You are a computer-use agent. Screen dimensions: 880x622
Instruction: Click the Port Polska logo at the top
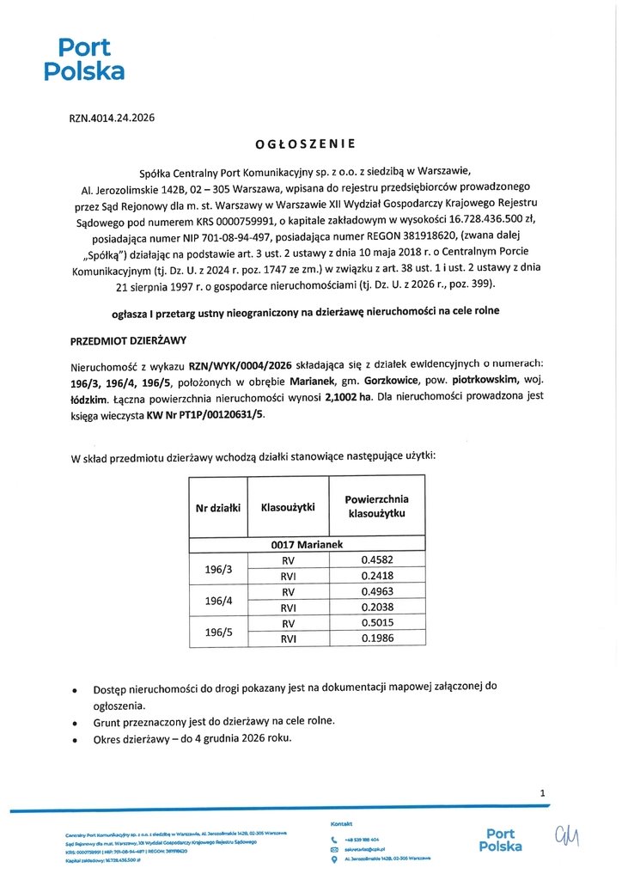(x=84, y=59)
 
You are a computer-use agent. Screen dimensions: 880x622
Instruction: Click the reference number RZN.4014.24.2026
(x=112, y=119)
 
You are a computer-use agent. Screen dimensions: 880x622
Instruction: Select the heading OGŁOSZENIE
(x=310, y=144)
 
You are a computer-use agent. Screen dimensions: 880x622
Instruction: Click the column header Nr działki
(x=217, y=508)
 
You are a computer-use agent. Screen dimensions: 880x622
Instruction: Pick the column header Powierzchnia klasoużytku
(x=375, y=506)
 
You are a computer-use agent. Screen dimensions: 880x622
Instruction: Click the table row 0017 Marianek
(x=307, y=545)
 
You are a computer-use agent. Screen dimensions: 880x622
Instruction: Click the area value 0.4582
(x=376, y=560)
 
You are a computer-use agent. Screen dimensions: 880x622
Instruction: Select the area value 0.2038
(x=376, y=607)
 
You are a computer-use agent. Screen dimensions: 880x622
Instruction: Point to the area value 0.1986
(x=376, y=638)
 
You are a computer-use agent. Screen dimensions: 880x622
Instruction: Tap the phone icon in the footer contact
(x=333, y=839)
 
